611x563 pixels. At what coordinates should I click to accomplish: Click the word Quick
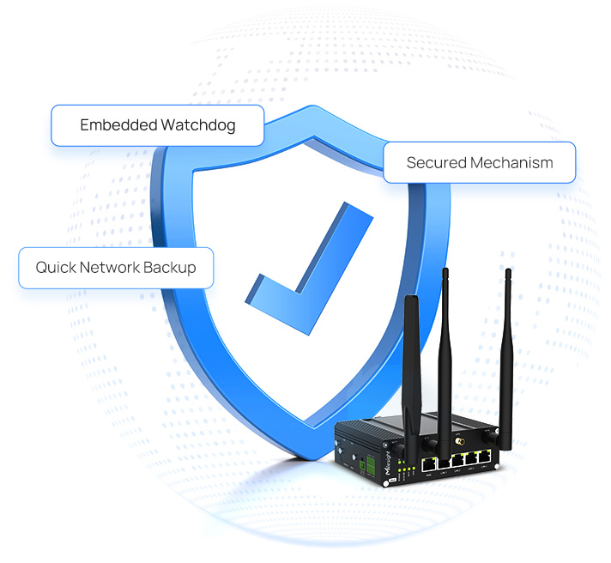[x=55, y=268]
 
